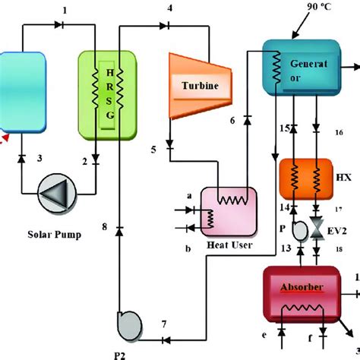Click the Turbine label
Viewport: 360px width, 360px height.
[199, 86]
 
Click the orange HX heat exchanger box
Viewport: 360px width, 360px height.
[305, 180]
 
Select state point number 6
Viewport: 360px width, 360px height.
[233, 121]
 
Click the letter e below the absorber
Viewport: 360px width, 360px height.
[265, 333]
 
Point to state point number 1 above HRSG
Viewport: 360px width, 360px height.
[65, 9]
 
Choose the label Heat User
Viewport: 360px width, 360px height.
[229, 245]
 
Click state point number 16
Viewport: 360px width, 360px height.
[339, 133]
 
